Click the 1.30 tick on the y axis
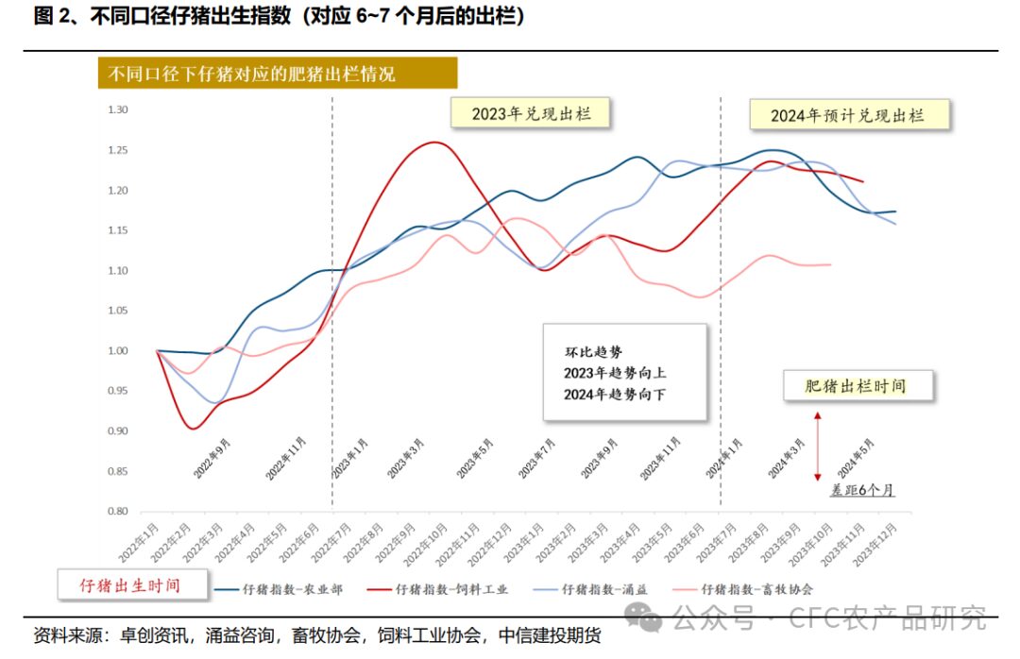pyautogui.click(x=117, y=110)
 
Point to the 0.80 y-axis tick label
pyautogui.click(x=117, y=512)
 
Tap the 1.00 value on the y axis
pyautogui.click(x=117, y=351)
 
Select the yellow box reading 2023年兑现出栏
pyautogui.click(x=530, y=113)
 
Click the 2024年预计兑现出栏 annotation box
pyautogui.click(x=847, y=115)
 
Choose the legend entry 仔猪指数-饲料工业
pyautogui.click(x=451, y=589)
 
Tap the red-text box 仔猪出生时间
pyautogui.click(x=132, y=585)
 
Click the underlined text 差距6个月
pyautogui.click(x=861, y=490)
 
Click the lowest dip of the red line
pyautogui.click(x=193, y=429)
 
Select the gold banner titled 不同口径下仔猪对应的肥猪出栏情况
pyautogui.click(x=278, y=74)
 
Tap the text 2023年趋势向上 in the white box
pyautogui.click(x=615, y=373)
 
